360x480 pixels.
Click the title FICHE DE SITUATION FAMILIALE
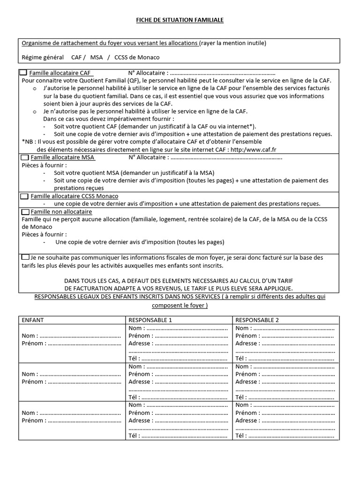[180, 20]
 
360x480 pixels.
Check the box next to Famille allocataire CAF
[24, 73]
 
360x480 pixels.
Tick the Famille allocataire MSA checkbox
[24, 157]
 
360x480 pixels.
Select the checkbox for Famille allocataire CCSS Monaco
[24, 196]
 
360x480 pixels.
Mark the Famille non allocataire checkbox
[24, 212]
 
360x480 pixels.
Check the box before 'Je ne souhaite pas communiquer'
[25, 257]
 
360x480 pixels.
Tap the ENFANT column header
[33, 320]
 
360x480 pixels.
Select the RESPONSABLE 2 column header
[257, 320]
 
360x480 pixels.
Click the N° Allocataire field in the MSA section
[225, 158]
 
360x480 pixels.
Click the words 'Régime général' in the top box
[43, 57]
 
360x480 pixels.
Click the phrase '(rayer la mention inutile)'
[232, 43]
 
